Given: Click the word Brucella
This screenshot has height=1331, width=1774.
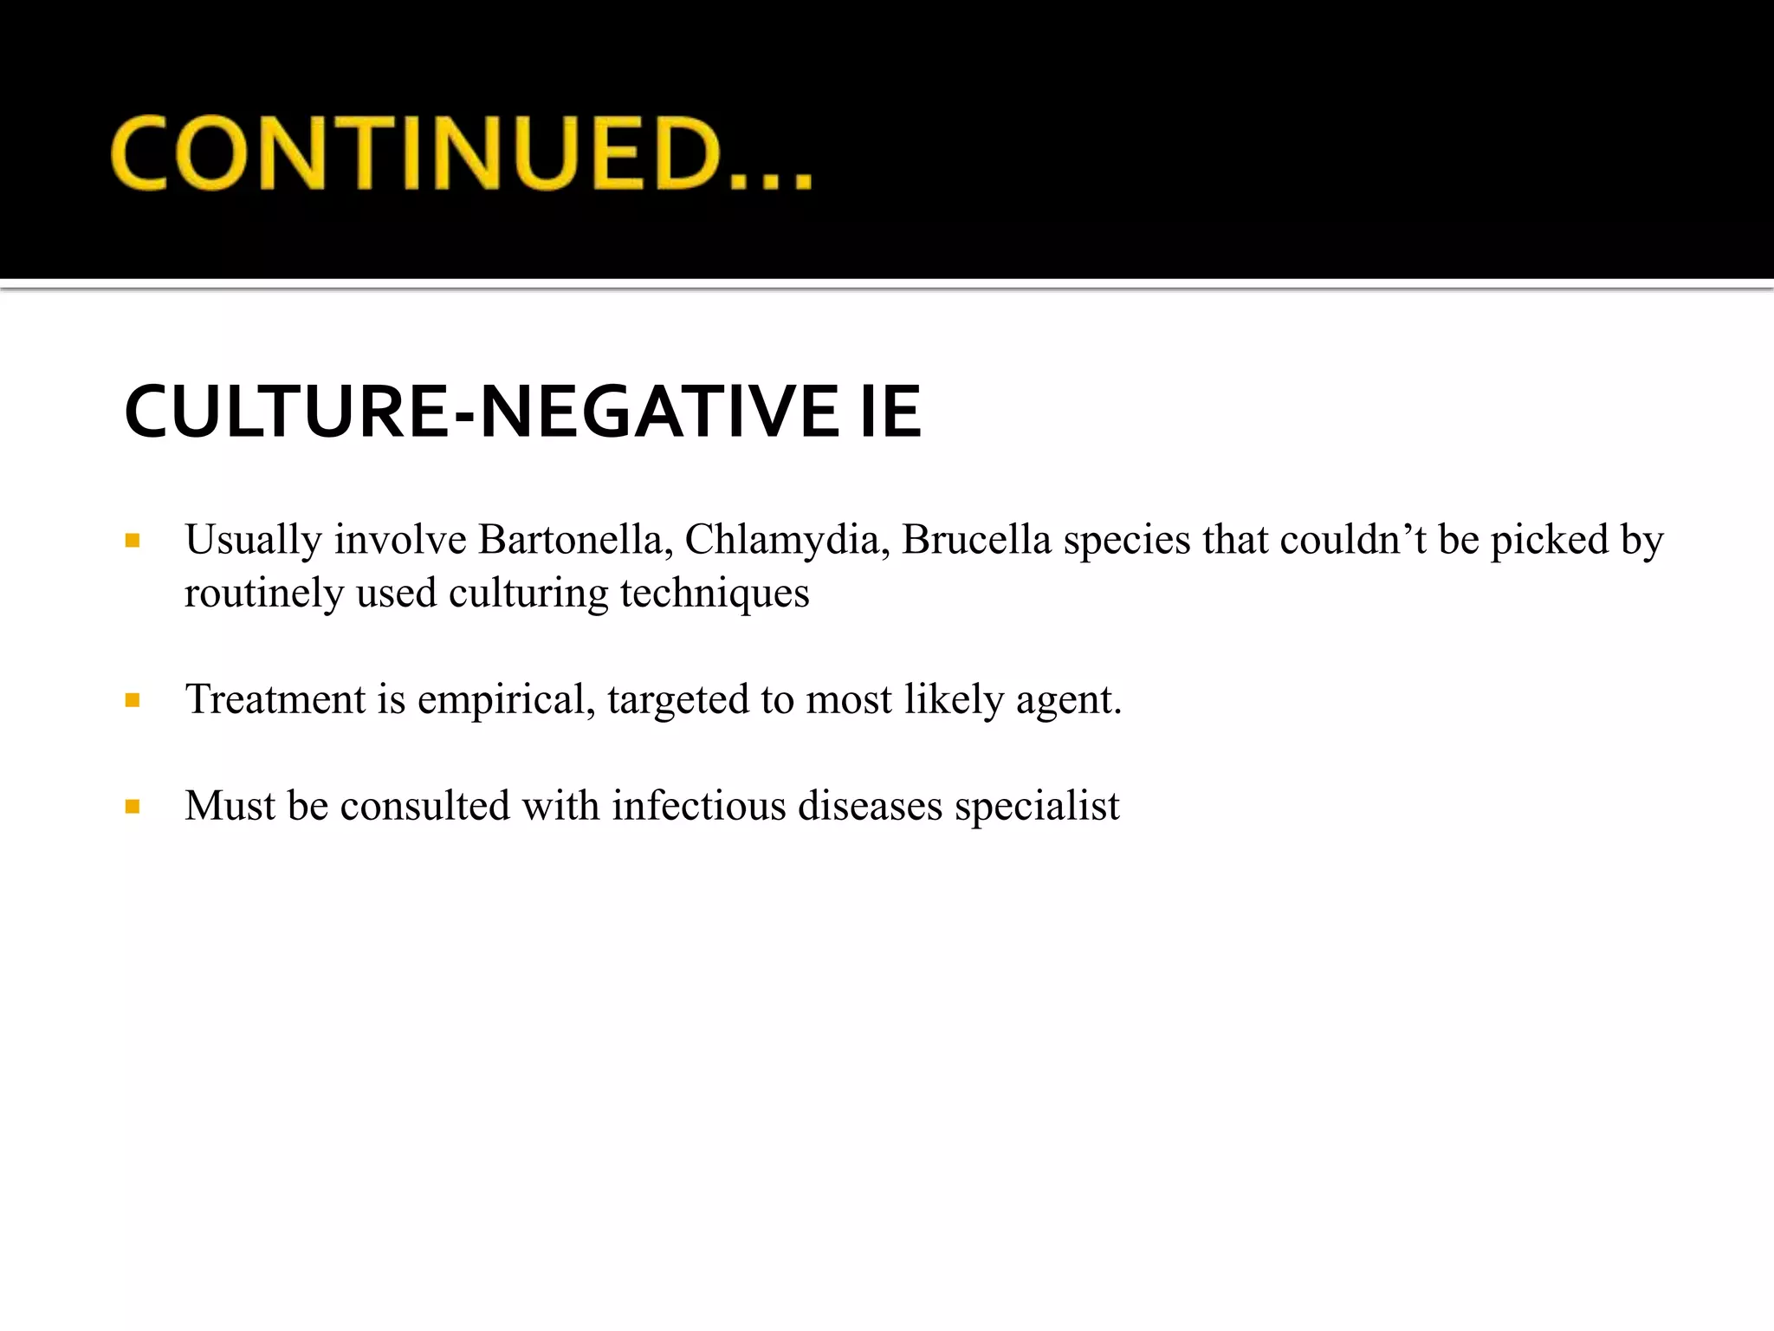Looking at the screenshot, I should [x=976, y=540].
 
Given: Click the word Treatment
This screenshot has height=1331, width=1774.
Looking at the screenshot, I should [x=275, y=699].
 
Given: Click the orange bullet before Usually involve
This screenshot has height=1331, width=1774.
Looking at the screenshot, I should [x=133, y=542].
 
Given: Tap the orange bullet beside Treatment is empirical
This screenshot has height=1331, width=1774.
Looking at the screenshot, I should [x=133, y=700].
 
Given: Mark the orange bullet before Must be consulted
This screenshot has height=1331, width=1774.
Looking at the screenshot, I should [x=133, y=807].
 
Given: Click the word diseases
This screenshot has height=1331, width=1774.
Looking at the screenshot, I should [x=869, y=806].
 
